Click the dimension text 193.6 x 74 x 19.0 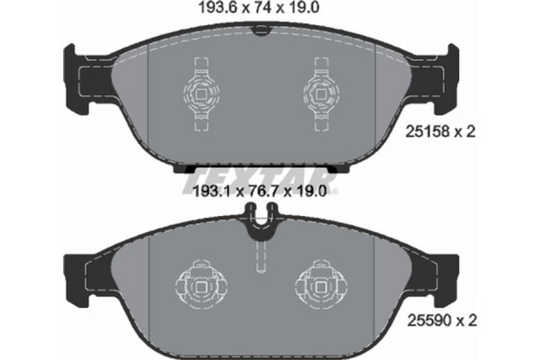pyautogui.click(x=262, y=10)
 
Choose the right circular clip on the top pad pyautogui.click(x=320, y=89)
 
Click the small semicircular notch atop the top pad pyautogui.click(x=261, y=34)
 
